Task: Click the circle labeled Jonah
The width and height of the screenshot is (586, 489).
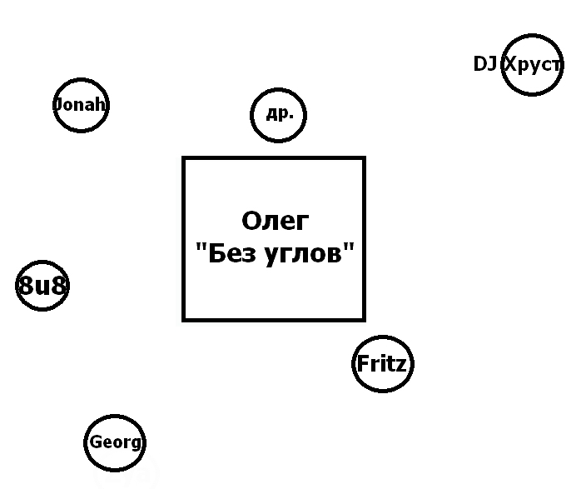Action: click(81, 105)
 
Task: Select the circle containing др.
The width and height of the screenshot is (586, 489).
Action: click(279, 115)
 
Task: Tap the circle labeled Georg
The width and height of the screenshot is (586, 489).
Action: click(115, 442)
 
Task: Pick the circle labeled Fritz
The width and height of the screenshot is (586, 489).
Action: click(382, 364)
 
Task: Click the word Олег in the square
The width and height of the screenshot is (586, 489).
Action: click(275, 221)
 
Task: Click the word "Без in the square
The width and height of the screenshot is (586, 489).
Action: click(224, 254)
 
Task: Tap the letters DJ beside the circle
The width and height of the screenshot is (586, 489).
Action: click(484, 64)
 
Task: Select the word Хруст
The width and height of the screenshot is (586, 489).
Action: click(534, 65)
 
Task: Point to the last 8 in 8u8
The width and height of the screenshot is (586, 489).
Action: click(58, 287)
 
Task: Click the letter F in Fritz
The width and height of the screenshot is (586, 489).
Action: click(362, 364)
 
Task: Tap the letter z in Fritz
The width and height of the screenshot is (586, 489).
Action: click(401, 365)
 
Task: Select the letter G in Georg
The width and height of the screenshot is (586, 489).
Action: click(96, 442)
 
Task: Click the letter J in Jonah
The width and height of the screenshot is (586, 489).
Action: click(57, 105)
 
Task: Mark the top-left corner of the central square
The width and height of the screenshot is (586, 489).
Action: click(184, 158)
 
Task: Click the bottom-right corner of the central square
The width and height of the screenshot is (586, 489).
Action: click(364, 319)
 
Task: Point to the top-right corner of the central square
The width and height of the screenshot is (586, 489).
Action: click(364, 158)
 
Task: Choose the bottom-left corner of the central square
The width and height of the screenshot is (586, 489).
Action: click(184, 319)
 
